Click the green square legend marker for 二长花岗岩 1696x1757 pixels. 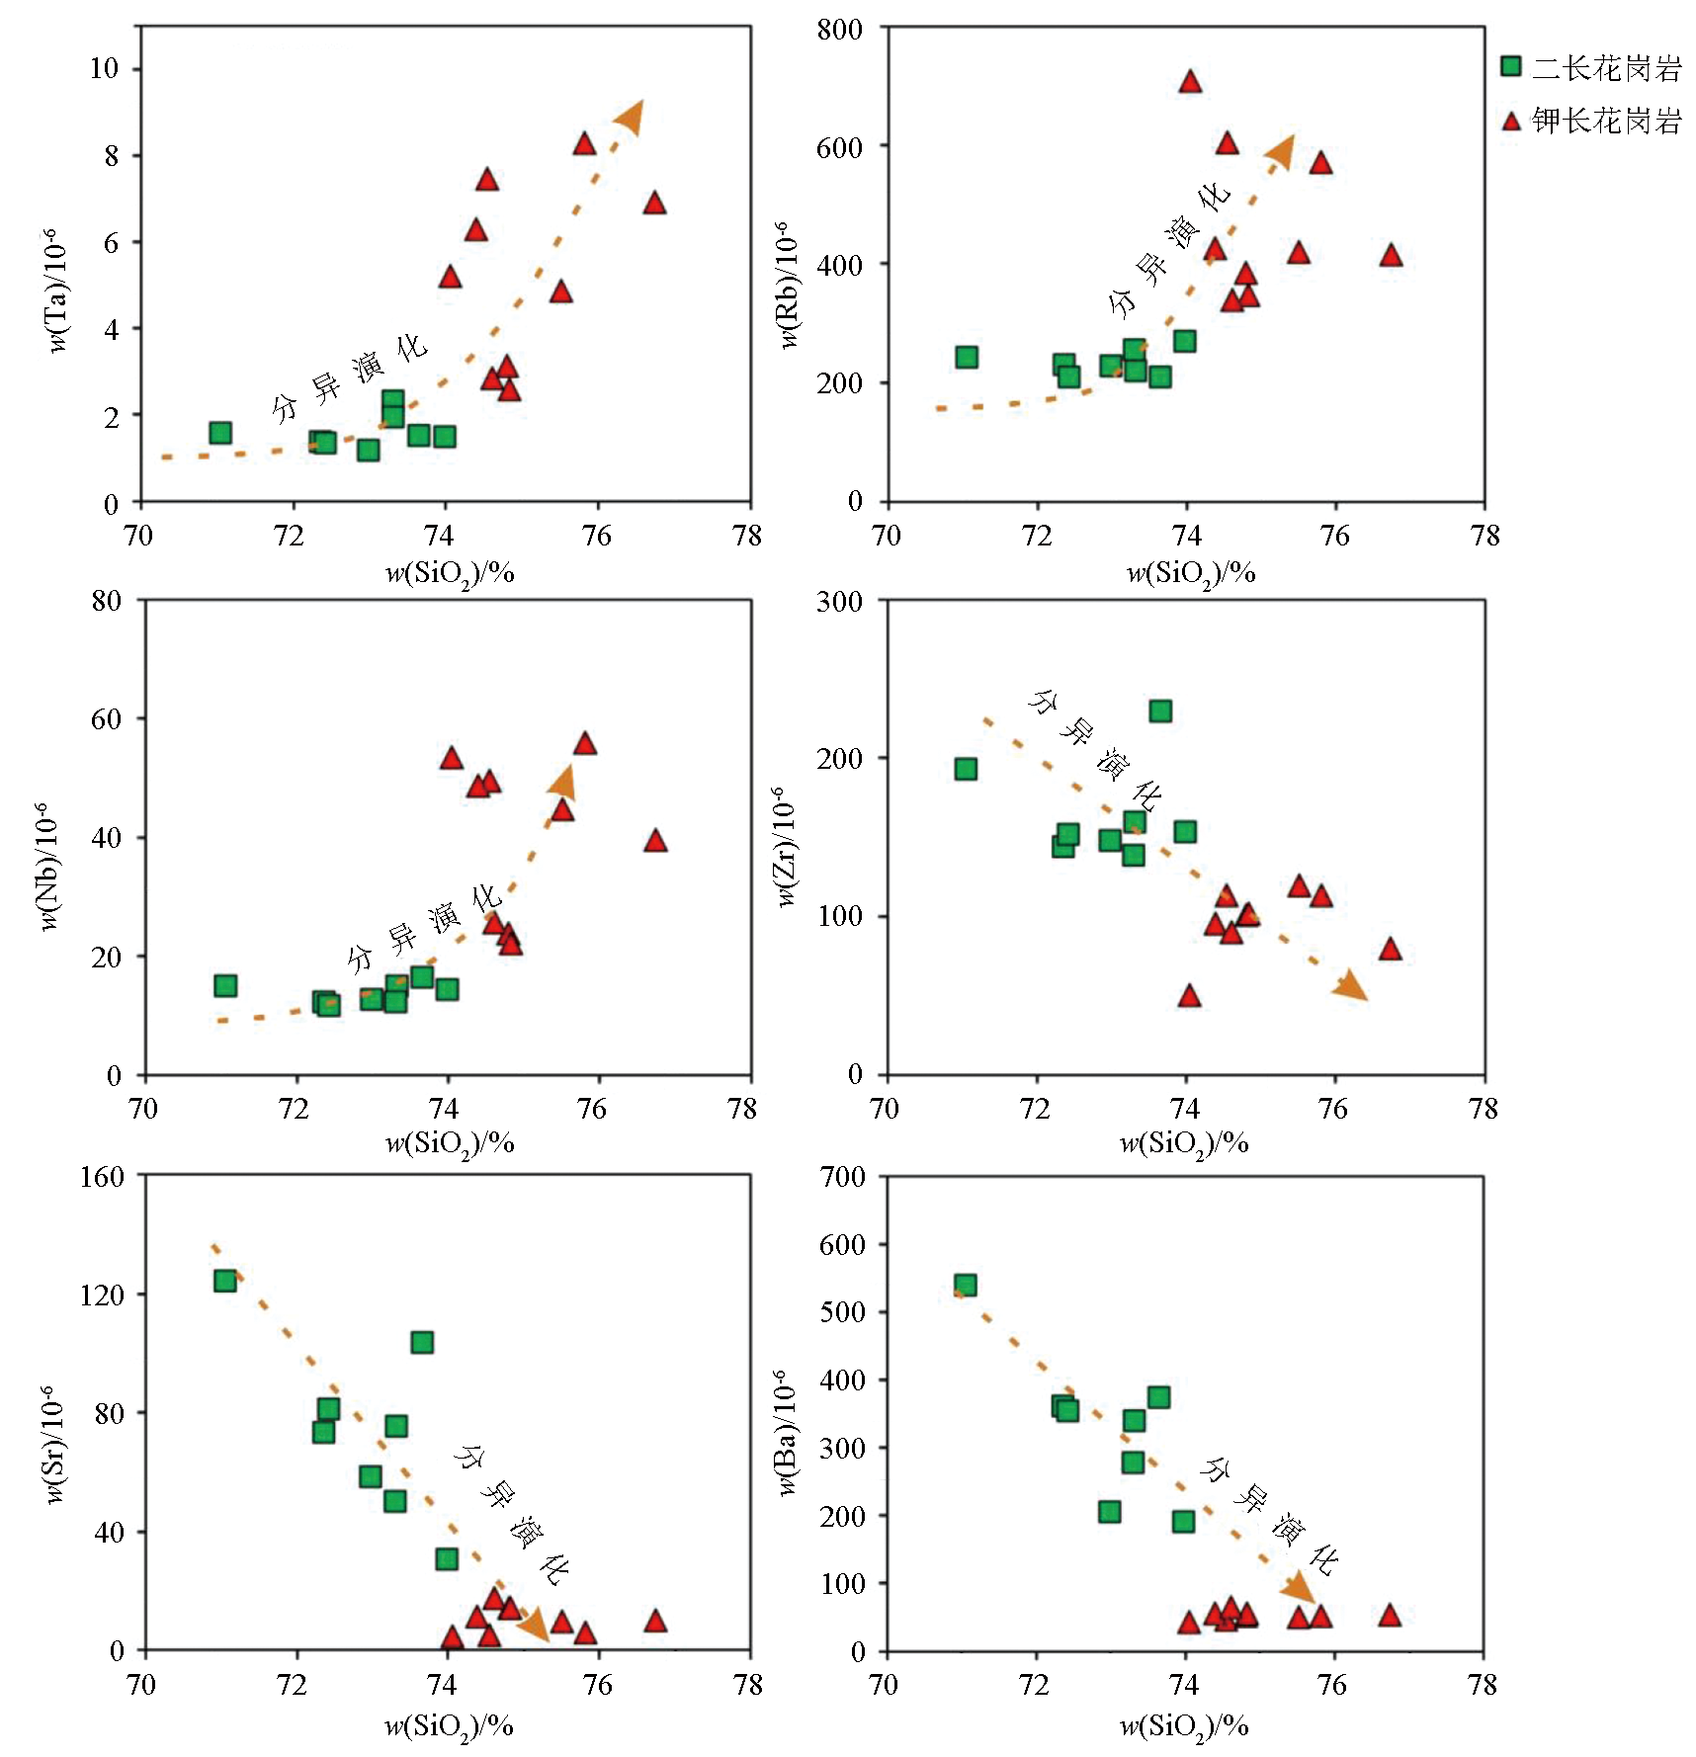[1511, 66]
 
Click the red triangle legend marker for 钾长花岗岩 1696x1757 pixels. [1511, 121]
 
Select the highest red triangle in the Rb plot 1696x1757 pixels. [1190, 82]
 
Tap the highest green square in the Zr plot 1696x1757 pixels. [1160, 711]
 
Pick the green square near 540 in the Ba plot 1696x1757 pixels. [966, 1285]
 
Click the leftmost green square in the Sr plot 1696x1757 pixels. [225, 1281]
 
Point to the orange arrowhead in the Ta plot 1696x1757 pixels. [630, 117]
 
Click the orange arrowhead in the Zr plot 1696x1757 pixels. [1351, 986]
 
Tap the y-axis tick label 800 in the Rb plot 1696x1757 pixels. [840, 30]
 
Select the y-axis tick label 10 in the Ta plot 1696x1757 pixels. [104, 68]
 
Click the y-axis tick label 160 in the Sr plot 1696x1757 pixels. [102, 1176]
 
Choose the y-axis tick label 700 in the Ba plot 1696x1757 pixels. [842, 1176]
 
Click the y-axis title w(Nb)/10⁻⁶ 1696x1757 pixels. [46, 867]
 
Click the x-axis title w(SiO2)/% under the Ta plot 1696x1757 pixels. [450, 573]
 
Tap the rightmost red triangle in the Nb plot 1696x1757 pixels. [655, 842]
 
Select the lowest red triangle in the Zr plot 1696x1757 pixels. [1190, 996]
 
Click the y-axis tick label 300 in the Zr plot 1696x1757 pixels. [839, 602]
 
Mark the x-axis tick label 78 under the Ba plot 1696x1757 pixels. [1483, 1684]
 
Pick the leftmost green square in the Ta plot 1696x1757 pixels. [220, 433]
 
